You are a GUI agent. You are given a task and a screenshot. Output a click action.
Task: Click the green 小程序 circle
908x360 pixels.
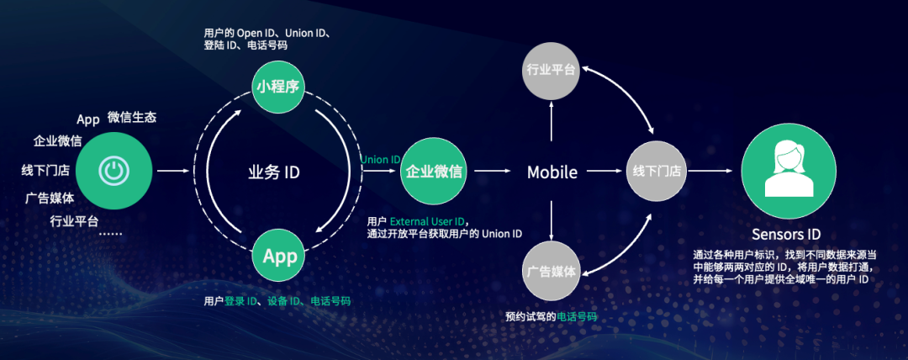pos(278,86)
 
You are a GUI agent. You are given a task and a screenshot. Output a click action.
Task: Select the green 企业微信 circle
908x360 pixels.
pos(434,172)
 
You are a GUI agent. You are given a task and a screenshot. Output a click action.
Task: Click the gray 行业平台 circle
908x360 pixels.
pos(551,69)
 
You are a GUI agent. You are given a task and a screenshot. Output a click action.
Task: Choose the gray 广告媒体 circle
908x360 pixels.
pos(551,272)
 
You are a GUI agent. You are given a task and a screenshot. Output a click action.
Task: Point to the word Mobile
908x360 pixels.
pos(552,172)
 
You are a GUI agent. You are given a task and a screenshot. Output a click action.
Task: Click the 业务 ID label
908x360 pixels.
pos(274,172)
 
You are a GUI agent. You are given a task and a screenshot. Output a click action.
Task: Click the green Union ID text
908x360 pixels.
pos(380,160)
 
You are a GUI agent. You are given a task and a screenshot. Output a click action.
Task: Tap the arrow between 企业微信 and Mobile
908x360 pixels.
pos(491,172)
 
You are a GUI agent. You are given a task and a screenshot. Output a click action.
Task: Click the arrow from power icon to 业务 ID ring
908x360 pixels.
pos(172,172)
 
